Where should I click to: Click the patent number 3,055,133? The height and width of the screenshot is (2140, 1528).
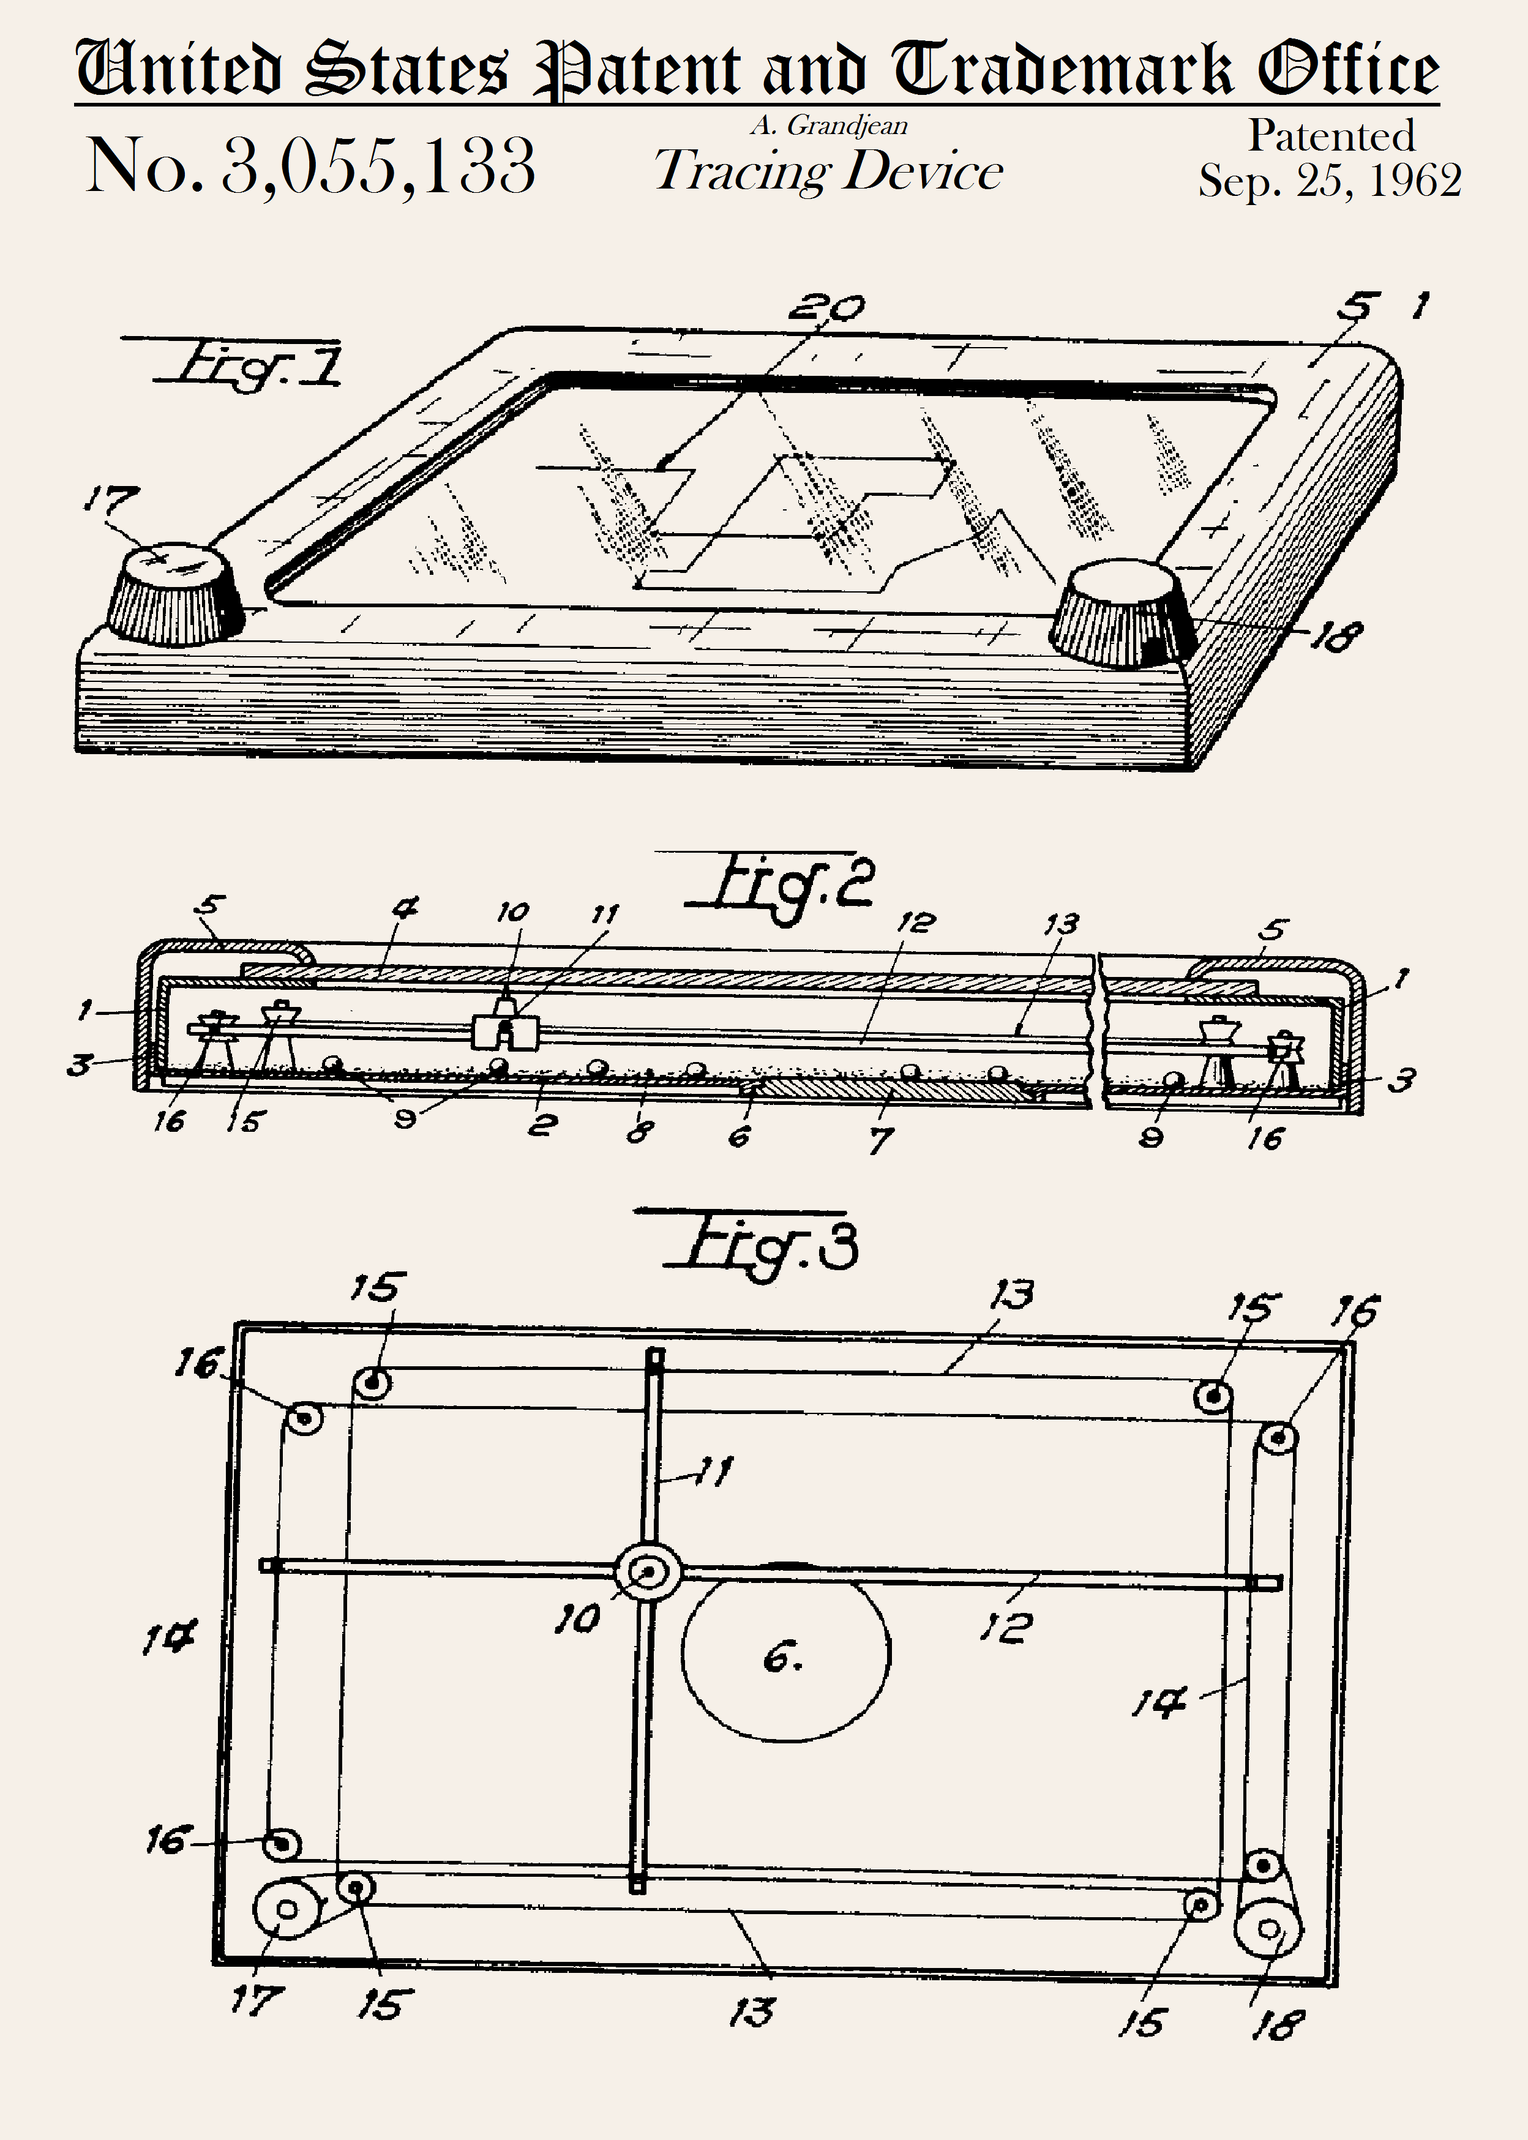click(378, 166)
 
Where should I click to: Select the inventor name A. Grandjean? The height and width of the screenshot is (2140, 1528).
click(829, 125)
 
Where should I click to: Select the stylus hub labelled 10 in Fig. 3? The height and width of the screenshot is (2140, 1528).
click(647, 1571)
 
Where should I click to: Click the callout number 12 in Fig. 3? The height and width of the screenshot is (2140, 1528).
click(1006, 1626)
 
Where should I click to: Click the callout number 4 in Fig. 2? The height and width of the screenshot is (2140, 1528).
click(405, 908)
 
